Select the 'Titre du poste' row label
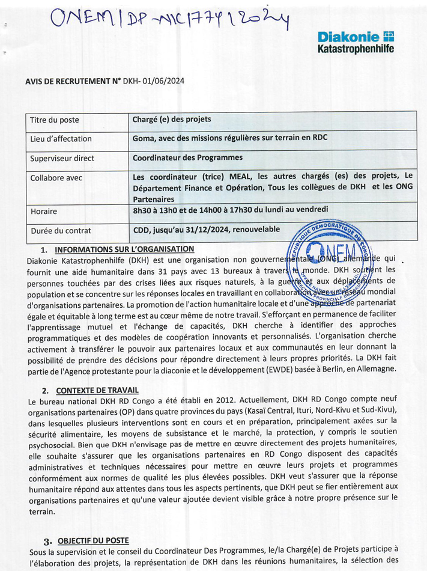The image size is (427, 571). tap(55, 120)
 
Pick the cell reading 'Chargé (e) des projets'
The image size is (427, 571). tap(172, 119)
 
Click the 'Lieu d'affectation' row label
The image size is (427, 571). tap(61, 139)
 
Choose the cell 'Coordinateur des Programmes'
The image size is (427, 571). tap(187, 157)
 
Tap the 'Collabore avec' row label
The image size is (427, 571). tap(56, 178)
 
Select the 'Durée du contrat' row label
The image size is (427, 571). tap(61, 230)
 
